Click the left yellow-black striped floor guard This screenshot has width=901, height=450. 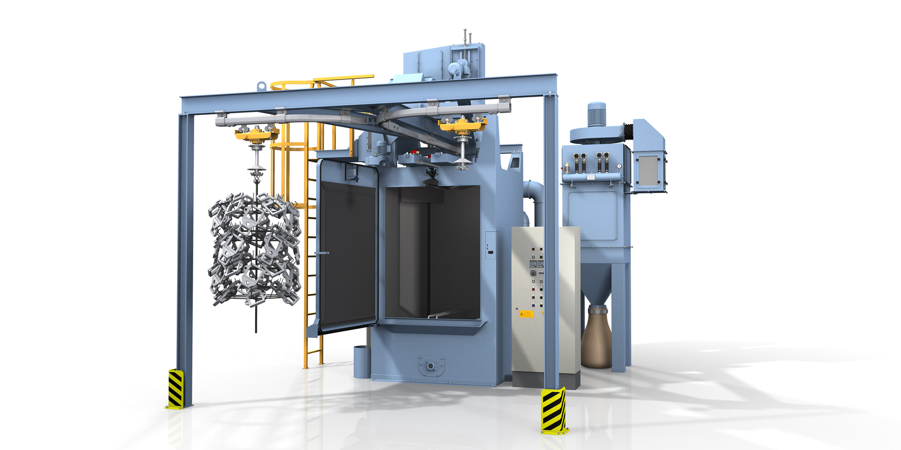175,388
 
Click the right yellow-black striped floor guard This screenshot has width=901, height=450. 553,411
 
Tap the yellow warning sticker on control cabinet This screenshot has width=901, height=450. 526,314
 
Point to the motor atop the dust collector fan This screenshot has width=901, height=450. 596,114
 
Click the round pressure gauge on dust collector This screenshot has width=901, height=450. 619,166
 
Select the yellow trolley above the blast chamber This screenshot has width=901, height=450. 462,124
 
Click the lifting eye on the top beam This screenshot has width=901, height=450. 261,85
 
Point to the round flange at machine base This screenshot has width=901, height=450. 431,366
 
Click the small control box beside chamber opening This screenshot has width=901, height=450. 491,246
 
